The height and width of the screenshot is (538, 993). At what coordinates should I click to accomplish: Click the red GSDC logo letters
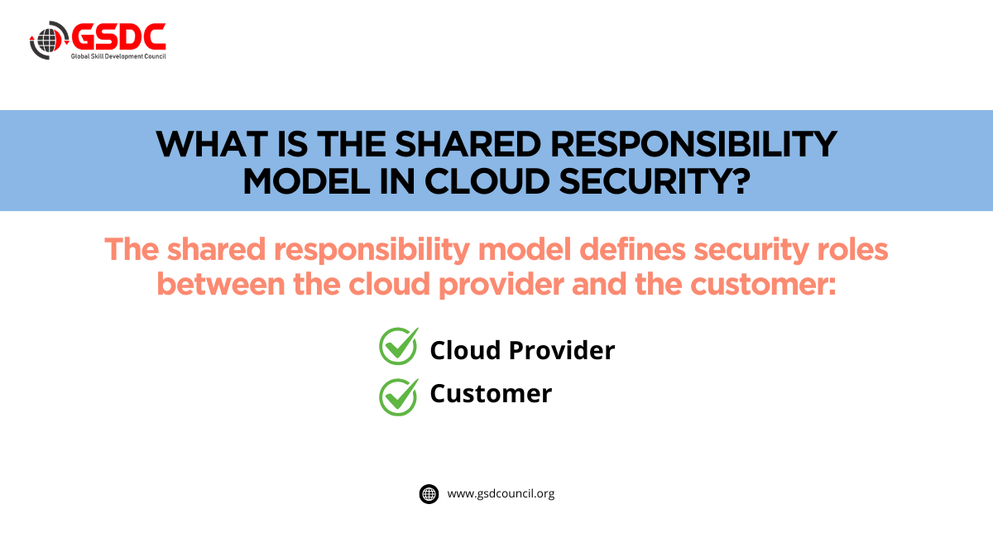[118, 36]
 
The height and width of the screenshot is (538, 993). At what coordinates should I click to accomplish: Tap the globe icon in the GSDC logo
[49, 41]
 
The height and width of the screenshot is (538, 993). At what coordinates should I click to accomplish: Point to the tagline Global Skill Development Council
[118, 56]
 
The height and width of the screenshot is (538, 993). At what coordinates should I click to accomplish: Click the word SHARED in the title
[468, 144]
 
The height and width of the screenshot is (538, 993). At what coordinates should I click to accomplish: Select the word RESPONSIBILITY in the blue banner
[693, 144]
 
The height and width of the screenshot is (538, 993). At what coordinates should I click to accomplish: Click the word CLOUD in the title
[487, 181]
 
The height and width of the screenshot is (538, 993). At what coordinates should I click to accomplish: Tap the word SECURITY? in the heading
[655, 181]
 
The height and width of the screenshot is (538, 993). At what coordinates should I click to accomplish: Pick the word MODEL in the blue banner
[306, 181]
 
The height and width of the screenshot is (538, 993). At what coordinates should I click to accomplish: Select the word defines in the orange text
[632, 250]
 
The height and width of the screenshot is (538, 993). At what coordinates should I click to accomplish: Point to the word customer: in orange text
[763, 284]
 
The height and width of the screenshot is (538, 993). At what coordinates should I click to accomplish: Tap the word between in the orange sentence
[221, 284]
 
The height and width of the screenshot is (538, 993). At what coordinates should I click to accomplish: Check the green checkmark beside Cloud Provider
[399, 346]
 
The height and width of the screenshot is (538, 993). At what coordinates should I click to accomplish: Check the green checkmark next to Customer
[399, 397]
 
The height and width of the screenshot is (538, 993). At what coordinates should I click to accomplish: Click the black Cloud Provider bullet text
[522, 350]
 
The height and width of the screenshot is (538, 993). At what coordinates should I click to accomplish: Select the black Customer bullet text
[491, 394]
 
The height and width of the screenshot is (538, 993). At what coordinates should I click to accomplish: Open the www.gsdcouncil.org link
[501, 494]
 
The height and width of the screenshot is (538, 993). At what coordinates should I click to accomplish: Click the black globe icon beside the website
[429, 494]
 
